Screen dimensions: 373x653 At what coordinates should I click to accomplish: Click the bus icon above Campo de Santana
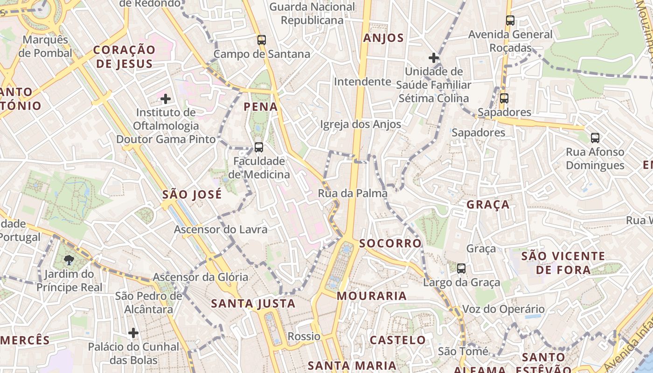[x=261, y=40]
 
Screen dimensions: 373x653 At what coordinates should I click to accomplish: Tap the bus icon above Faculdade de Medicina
[x=258, y=147]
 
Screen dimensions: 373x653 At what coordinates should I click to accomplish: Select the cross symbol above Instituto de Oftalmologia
[x=165, y=99]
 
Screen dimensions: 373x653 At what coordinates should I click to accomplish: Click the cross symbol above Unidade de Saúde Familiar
[x=434, y=58]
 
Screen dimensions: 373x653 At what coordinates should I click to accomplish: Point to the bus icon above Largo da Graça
[x=461, y=269]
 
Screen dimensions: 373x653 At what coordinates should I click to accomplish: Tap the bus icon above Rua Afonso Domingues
[x=595, y=138]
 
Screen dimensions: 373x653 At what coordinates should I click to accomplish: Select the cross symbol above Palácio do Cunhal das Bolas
[x=133, y=333]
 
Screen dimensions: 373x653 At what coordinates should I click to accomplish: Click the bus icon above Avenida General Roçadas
[x=510, y=21]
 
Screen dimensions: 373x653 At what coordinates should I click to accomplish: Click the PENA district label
[x=261, y=107]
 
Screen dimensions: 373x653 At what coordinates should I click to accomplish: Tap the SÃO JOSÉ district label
[x=192, y=194]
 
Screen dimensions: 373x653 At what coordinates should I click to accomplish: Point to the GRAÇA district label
[x=488, y=205]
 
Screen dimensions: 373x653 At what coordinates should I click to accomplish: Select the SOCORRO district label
[x=390, y=243]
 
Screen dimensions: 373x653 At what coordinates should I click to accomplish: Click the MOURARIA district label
[x=372, y=296]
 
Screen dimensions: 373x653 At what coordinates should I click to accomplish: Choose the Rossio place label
[x=304, y=337]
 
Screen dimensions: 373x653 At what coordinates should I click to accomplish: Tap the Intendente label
[x=362, y=82]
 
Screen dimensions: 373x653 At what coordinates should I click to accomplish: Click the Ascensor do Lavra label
[x=221, y=229]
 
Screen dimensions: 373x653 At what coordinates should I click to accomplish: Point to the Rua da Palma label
[x=353, y=193]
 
